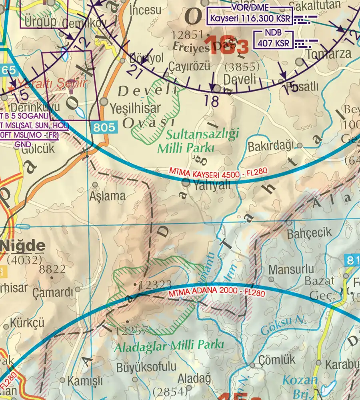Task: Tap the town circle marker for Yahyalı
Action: (x=186, y=183)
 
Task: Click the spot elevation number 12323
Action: (x=156, y=285)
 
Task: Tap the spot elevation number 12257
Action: (x=132, y=330)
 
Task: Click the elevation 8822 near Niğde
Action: (x=52, y=269)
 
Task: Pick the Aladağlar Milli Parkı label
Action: (x=169, y=346)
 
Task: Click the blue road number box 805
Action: (x=105, y=128)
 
